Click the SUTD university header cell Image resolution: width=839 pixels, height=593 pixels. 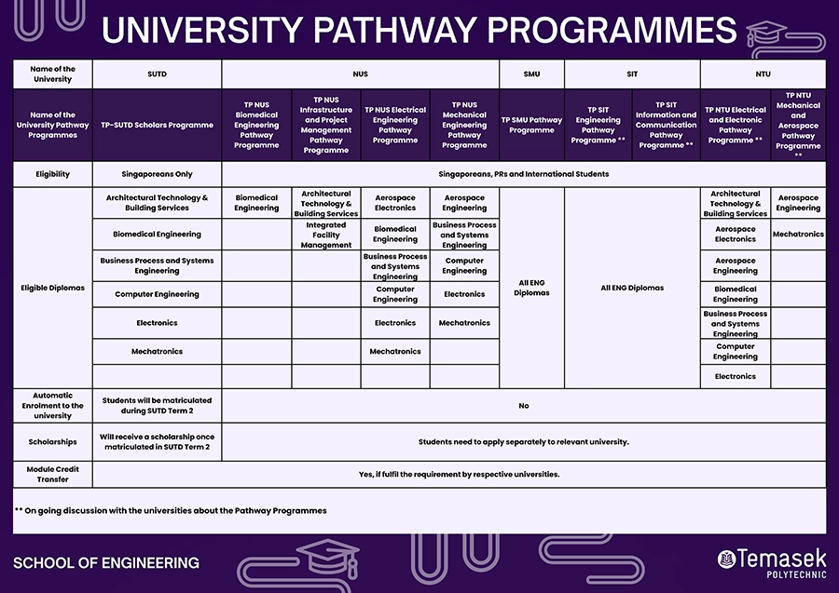pos(157,74)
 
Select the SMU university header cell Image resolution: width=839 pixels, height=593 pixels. pos(531,74)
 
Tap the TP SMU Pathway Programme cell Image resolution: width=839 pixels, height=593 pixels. pos(531,125)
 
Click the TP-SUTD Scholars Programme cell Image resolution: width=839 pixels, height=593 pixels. pos(157,125)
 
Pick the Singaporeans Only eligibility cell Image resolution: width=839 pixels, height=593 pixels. pos(157,174)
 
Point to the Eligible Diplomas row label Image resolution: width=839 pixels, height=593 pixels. pos(52,288)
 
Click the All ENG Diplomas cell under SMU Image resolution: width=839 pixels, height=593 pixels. pos(531,288)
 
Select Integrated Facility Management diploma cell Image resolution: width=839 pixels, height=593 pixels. pos(326,235)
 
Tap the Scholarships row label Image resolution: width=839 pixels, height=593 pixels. pos(52,442)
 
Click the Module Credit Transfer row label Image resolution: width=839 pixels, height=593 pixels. pos(52,474)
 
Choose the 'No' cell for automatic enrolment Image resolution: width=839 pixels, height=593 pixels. pos(523,406)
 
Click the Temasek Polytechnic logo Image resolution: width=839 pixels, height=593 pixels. pos(771,560)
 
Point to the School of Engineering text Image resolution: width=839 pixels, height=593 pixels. pos(106,562)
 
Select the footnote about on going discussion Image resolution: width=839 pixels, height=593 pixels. pos(171,510)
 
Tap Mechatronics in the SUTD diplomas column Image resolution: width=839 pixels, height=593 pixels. pos(157,352)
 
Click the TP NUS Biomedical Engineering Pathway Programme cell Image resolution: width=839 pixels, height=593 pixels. pos(256,125)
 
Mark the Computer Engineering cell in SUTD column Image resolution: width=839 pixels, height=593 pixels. pos(157,294)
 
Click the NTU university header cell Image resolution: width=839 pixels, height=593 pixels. pos(763,74)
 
